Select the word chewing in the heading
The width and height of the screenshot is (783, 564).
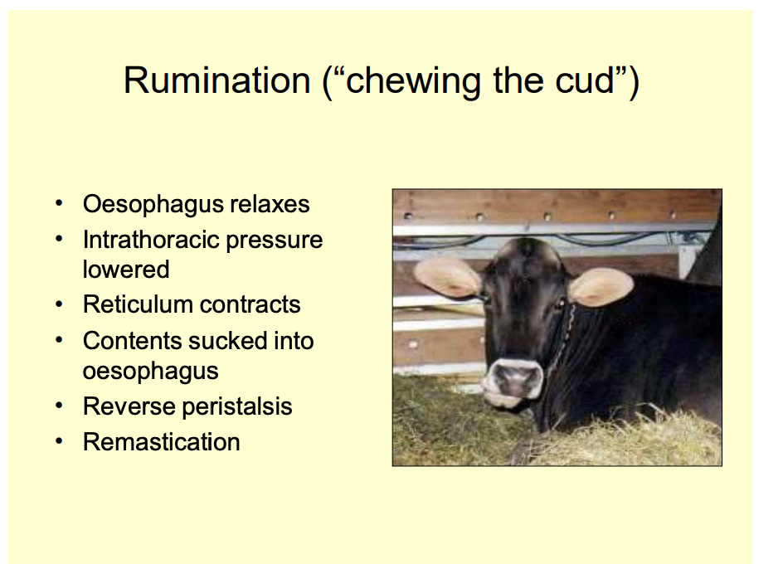[413, 82]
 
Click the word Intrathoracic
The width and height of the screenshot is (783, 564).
[150, 240]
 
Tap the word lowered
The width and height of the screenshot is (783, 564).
[126, 270]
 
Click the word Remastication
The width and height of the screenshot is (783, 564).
[161, 442]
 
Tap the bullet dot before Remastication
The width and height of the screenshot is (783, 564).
[60, 441]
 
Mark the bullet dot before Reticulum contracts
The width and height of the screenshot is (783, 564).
[60, 304]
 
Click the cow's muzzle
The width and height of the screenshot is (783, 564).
[513, 381]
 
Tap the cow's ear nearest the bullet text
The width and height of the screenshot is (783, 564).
[447, 277]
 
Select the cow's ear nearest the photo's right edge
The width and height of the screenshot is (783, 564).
[601, 286]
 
